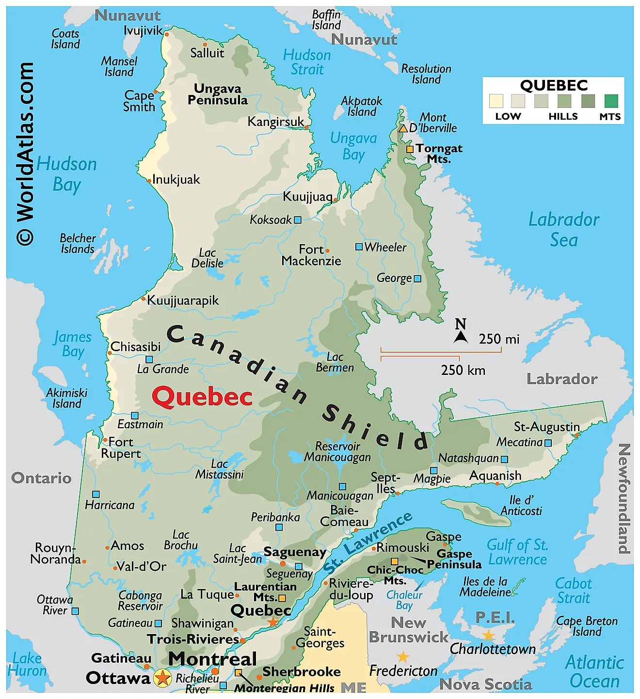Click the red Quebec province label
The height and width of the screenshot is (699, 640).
(x=202, y=397)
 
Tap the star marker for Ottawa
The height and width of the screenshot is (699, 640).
(x=162, y=677)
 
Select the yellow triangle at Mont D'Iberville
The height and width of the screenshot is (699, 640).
(x=403, y=128)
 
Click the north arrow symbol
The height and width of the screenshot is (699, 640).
(x=461, y=332)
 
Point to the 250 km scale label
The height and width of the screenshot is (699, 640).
(x=463, y=371)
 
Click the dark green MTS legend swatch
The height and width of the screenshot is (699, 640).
(x=611, y=101)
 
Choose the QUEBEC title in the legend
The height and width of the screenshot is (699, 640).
(x=554, y=86)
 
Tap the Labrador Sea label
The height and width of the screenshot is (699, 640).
(x=563, y=230)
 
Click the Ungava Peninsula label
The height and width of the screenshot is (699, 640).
(x=218, y=94)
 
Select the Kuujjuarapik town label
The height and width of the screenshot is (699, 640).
(x=183, y=300)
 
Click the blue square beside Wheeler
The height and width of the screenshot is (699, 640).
(x=359, y=247)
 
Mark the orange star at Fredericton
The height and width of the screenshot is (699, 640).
(x=403, y=657)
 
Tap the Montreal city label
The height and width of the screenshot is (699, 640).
(x=212, y=659)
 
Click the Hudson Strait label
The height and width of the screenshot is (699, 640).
(x=307, y=62)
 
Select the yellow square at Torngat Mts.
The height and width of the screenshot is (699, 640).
(x=410, y=149)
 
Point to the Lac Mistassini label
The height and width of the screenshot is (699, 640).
(x=220, y=469)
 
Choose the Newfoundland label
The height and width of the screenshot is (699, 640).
(x=624, y=498)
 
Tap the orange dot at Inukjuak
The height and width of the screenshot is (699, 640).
(x=149, y=181)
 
